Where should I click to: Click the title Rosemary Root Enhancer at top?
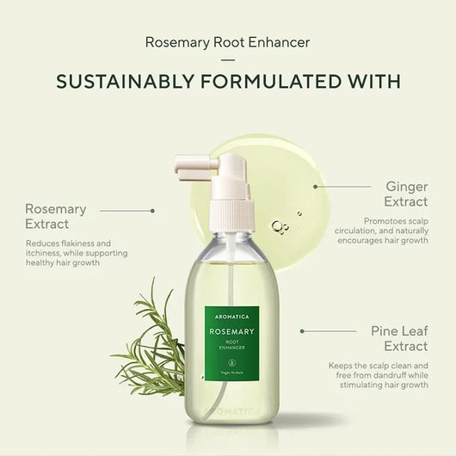click(228, 41)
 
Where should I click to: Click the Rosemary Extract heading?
click(56, 216)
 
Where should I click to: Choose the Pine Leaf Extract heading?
click(398, 338)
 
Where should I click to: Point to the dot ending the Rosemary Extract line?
click(152, 209)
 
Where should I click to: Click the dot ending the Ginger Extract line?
click(315, 186)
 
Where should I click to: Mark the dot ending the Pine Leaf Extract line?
click(302, 330)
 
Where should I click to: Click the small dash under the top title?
click(228, 59)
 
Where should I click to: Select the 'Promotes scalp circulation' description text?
click(390, 231)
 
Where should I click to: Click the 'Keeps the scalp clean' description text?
click(379, 375)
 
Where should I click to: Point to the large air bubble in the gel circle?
click(277, 226)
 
